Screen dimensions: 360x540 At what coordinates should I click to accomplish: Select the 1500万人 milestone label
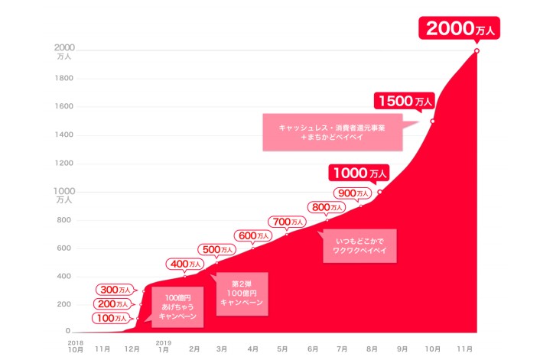coord(403,100)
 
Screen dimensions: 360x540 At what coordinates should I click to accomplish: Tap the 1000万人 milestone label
coord(359,173)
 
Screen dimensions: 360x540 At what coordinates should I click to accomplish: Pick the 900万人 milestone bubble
coord(354,193)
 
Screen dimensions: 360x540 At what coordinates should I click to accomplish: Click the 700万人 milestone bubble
coord(288,222)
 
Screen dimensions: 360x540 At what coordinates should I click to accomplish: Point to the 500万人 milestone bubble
coord(218,249)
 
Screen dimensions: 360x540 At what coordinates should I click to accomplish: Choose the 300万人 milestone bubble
coord(117,290)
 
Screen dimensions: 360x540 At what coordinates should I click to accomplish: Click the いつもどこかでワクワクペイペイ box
coord(359,246)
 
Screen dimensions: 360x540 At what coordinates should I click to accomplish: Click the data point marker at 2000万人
coord(477,51)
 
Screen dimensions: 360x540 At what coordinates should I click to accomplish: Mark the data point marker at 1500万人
coord(432,121)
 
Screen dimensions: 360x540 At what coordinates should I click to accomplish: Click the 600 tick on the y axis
coord(64,248)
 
